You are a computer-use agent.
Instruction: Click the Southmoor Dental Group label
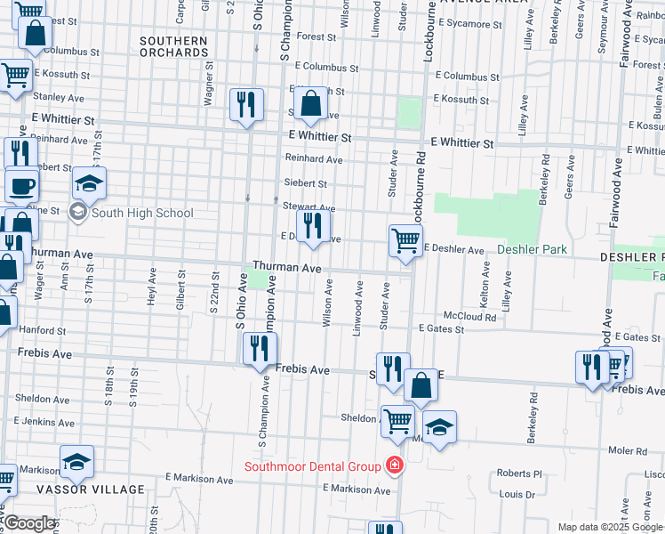[312, 465]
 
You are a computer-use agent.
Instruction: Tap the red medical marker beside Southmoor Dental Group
[392, 465]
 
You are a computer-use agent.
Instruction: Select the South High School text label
[143, 213]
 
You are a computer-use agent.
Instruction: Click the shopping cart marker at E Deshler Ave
[405, 240]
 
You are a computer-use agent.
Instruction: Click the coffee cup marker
[21, 186]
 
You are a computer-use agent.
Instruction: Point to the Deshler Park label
[532, 250]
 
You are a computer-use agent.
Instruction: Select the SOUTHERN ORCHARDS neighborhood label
[174, 47]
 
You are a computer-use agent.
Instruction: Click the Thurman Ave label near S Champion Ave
[286, 266]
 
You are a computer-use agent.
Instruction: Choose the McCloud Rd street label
[470, 316]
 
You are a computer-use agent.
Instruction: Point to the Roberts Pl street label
[518, 473]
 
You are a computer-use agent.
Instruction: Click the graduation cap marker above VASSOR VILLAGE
[77, 462]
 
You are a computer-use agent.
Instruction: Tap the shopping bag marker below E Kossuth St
[312, 107]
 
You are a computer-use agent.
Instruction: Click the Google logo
[28, 523]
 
